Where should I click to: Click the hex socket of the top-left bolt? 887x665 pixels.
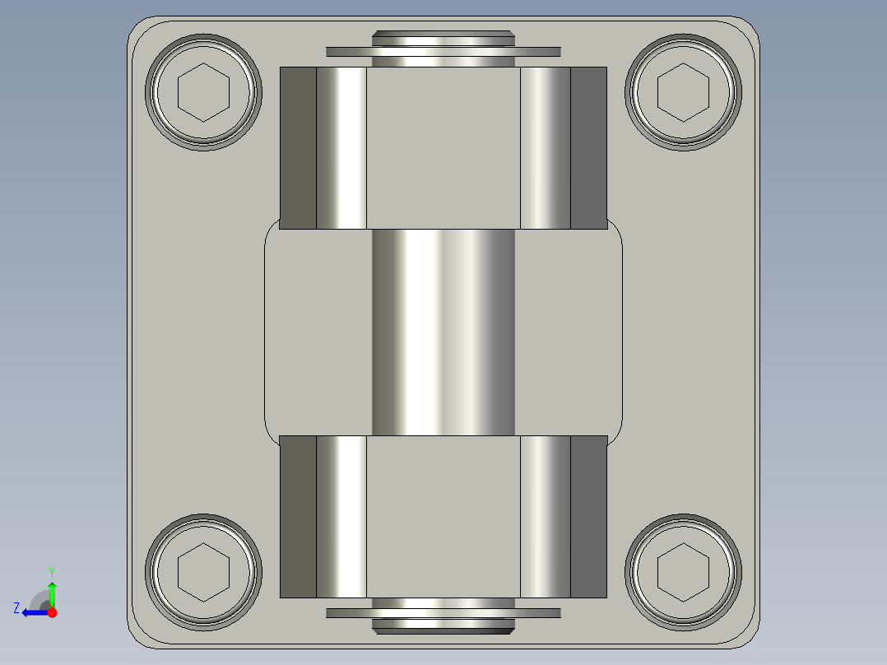coord(203,91)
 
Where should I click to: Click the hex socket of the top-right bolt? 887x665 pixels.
coord(683,91)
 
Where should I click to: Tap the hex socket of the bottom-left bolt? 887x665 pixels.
coord(203,571)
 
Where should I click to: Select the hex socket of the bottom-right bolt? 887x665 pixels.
coord(683,571)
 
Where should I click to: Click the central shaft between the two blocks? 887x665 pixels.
coord(443,332)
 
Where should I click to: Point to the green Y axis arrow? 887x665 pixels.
coord(52,591)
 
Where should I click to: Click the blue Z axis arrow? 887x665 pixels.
coord(31,612)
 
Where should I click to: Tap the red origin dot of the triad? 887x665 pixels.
coord(52,612)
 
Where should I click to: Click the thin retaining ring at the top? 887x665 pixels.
coord(346,52)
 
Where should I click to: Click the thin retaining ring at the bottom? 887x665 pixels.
coord(346,613)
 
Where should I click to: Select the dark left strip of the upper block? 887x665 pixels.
coord(298,147)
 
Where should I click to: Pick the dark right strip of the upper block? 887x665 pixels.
coord(588,147)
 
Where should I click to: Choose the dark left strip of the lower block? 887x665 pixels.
coord(298,516)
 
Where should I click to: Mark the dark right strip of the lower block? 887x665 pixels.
coord(588,516)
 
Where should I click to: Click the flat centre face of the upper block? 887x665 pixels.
coord(443,147)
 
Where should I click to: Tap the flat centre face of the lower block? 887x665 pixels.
coord(443,516)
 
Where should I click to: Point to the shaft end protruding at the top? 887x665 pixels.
coord(443,38)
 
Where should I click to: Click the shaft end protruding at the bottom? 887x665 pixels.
coord(443,628)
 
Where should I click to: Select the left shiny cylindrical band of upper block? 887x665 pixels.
coord(341,147)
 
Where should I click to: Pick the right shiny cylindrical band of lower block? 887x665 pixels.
coord(545,516)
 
